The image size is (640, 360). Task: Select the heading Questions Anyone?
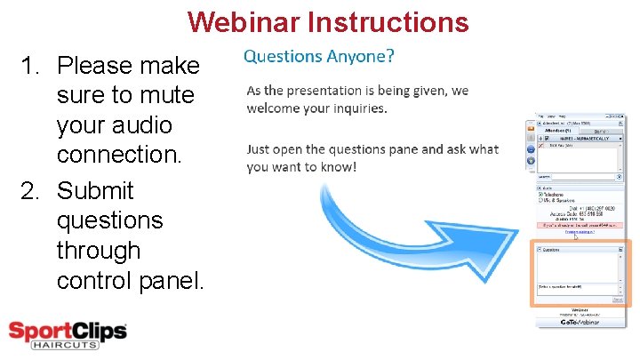click(x=319, y=56)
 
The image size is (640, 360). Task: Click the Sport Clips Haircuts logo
click(x=68, y=335)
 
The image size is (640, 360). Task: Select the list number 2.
click(x=32, y=191)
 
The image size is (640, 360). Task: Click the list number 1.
click(x=32, y=66)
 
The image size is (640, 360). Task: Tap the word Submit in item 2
click(x=95, y=191)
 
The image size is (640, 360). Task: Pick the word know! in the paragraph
click(x=337, y=166)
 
